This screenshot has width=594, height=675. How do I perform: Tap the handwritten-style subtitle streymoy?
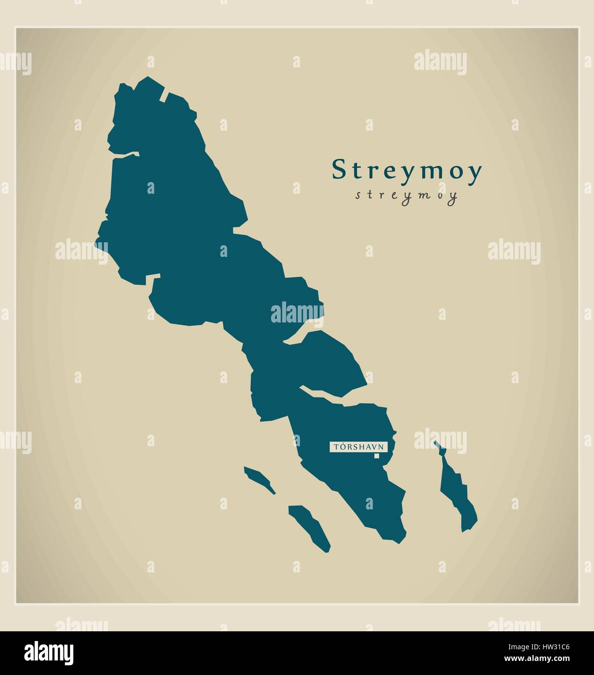[x=406, y=195]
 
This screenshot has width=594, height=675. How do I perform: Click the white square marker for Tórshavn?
[x=376, y=456]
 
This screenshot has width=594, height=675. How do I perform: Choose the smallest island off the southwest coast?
[x=259, y=480]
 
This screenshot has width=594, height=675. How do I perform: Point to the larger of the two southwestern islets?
[x=310, y=527]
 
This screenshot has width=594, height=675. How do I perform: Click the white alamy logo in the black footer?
[x=50, y=653]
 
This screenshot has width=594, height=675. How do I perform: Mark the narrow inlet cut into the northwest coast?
[x=123, y=155]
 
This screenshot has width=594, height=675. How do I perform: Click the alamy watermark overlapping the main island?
[x=297, y=312]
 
